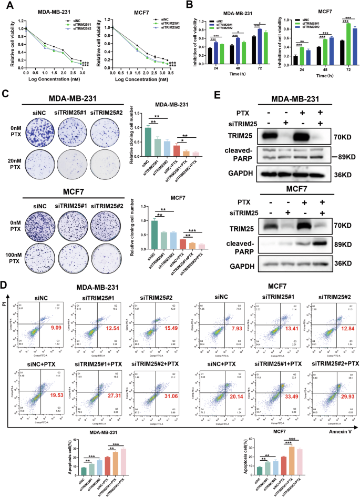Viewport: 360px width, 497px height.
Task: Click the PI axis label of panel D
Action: pyautogui.click(x=5, y=303)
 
